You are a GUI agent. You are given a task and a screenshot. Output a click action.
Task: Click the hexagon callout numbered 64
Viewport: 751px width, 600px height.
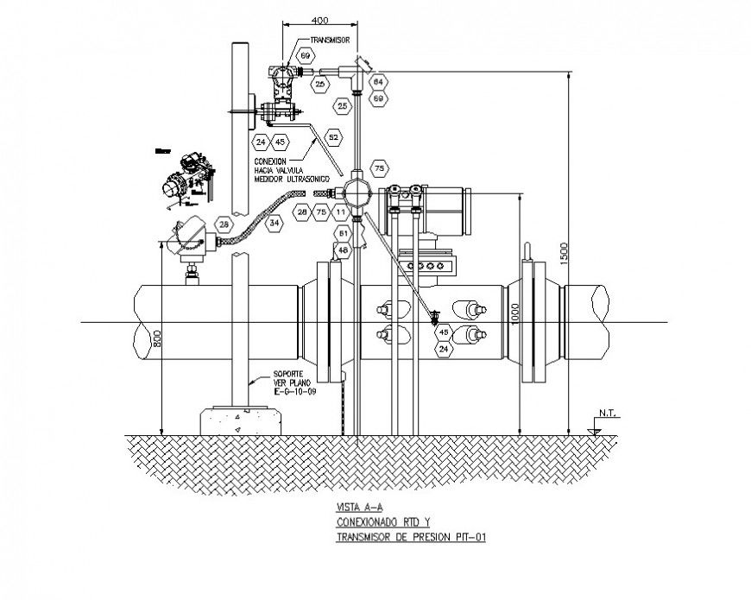[x=378, y=82]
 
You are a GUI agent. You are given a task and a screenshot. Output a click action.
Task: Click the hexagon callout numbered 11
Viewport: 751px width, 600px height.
[x=341, y=212]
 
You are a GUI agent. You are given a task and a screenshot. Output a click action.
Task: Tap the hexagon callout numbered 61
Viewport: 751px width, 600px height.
[x=343, y=233]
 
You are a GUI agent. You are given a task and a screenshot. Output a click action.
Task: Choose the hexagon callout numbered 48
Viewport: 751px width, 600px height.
[x=343, y=250]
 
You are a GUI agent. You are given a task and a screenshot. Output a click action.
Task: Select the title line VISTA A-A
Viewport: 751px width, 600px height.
[x=355, y=508]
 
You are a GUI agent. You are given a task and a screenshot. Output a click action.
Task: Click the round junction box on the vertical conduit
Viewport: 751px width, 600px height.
[x=356, y=192]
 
